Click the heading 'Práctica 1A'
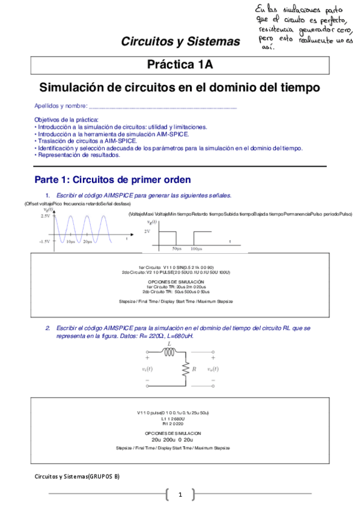180,65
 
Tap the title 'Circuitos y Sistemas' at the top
180,41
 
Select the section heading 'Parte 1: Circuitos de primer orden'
112,179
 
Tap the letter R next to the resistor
193,367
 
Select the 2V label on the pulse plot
147,231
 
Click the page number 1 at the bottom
180,494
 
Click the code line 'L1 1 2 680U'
180,418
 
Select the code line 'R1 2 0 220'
180,423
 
